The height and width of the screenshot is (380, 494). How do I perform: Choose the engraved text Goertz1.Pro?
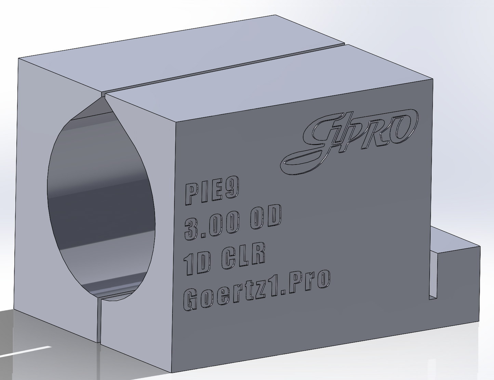[256, 289]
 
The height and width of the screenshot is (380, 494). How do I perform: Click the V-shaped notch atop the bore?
[103, 99]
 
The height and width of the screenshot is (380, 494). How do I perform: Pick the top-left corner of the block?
[19, 59]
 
